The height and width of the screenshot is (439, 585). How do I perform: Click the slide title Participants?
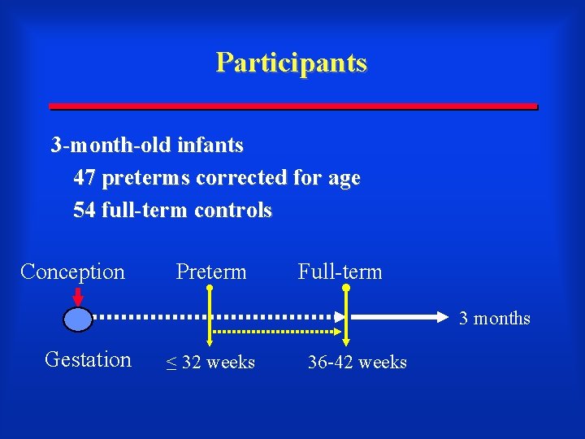pos(292,63)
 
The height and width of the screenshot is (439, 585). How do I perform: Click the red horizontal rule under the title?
pos(292,106)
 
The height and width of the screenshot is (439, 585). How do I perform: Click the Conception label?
pos(72,272)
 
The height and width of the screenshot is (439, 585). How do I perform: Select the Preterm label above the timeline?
pos(211,272)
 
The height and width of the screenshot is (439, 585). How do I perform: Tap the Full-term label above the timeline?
pos(340,272)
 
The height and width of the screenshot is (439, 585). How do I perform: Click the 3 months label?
pos(494,318)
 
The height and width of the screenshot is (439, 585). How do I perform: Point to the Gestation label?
pos(88,359)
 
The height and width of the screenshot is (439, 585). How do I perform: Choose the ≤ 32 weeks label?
pos(210,363)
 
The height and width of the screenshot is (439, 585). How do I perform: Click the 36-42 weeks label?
pos(357,363)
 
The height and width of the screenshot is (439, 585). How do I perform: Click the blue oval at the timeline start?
pos(79,319)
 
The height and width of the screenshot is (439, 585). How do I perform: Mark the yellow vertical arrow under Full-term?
pos(347,317)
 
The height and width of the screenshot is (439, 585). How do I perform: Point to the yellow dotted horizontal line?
pos(276,332)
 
